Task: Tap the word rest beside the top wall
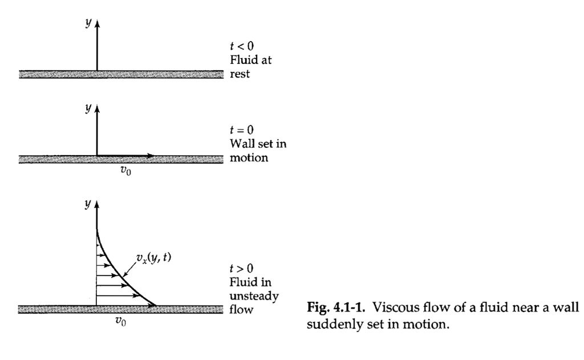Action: click(x=240, y=74)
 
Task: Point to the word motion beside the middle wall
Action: click(x=249, y=157)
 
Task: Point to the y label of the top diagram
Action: click(x=88, y=22)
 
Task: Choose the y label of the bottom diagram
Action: click(x=88, y=204)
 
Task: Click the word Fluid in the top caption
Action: click(x=242, y=60)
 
